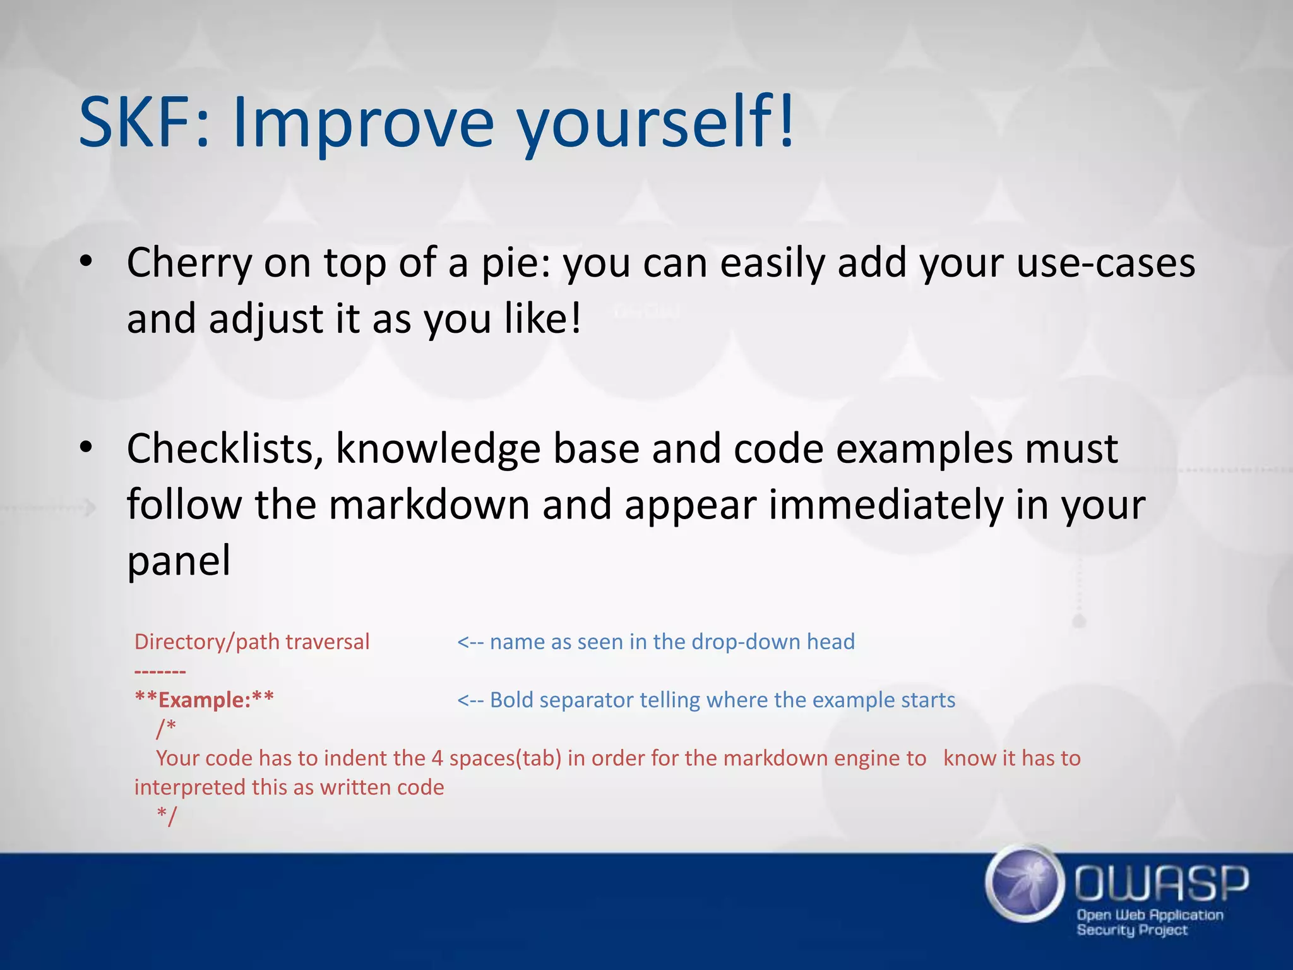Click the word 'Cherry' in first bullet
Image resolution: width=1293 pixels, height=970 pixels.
(x=189, y=263)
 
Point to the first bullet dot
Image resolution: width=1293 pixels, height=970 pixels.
(x=86, y=261)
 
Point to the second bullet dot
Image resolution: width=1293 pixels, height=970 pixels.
(x=86, y=447)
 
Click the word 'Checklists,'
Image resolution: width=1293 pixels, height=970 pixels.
(x=225, y=450)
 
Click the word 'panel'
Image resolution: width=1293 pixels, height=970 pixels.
(x=179, y=561)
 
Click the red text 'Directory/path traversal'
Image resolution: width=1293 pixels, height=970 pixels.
(x=252, y=642)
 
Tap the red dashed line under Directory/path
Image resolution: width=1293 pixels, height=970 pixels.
(x=160, y=671)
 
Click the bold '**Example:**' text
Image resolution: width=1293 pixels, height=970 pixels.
(x=205, y=700)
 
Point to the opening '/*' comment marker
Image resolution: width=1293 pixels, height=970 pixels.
(x=166, y=728)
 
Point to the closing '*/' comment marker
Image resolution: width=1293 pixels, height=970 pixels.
(x=167, y=815)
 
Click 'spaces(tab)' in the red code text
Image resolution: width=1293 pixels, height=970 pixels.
(x=505, y=758)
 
